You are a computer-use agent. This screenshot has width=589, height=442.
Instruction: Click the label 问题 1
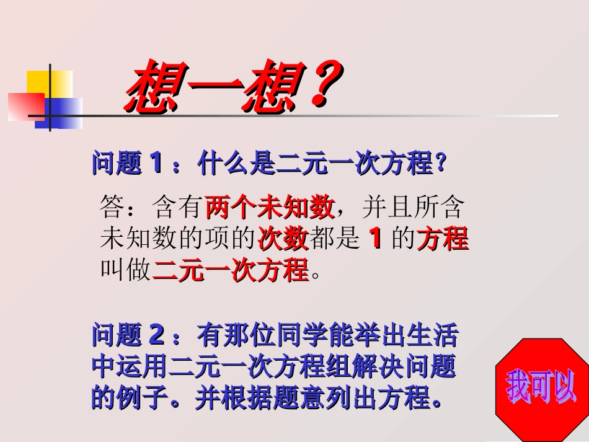pyautogui.click(x=128, y=164)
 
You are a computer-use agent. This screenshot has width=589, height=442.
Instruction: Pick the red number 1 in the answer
pyautogui.click(x=374, y=239)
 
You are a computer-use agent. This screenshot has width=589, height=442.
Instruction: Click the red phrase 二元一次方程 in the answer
pyautogui.click(x=230, y=270)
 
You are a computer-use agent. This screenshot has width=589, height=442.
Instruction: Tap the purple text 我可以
pyautogui.click(x=541, y=387)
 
